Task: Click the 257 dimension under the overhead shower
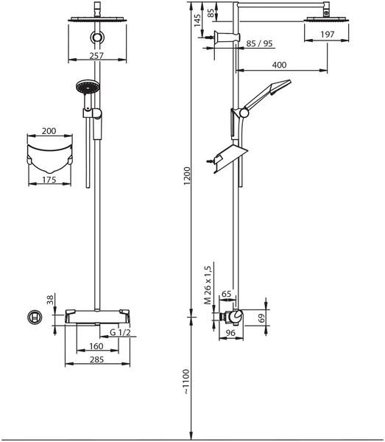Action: click(96, 55)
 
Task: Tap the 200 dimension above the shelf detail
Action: click(49, 130)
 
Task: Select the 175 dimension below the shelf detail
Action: click(49, 179)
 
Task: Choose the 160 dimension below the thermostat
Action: click(96, 345)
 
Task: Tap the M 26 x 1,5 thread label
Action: click(209, 284)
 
